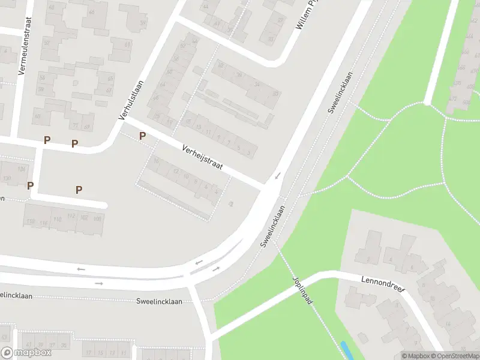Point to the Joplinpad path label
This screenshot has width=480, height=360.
click(303, 291)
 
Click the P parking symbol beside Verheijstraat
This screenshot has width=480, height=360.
click(142, 136)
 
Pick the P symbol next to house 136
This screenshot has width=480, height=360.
click(30, 185)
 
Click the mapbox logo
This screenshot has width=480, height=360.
click(26, 352)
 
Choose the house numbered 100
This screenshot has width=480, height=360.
click(98, 218)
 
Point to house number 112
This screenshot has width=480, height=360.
click(71, 216)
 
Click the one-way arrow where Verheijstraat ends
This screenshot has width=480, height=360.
click(277, 176)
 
